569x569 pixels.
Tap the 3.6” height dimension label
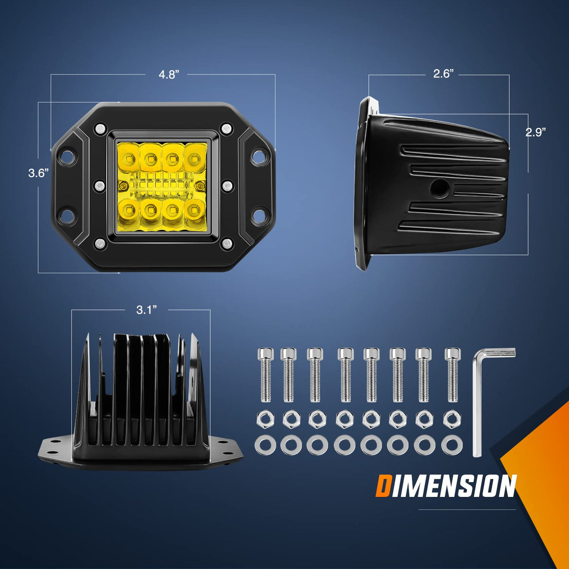pos(38,173)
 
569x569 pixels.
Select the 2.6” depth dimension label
pos(443,74)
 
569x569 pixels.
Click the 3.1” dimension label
pos(146,310)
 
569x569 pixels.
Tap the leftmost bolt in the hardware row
pos(266,375)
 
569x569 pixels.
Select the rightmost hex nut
pos(452,419)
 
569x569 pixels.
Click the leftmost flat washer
pos(265,444)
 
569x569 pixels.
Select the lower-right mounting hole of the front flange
pos(259,215)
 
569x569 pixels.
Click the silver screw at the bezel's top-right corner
pos(226,128)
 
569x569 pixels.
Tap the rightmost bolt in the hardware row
pos(452,375)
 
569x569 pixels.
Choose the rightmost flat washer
pos(452,444)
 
